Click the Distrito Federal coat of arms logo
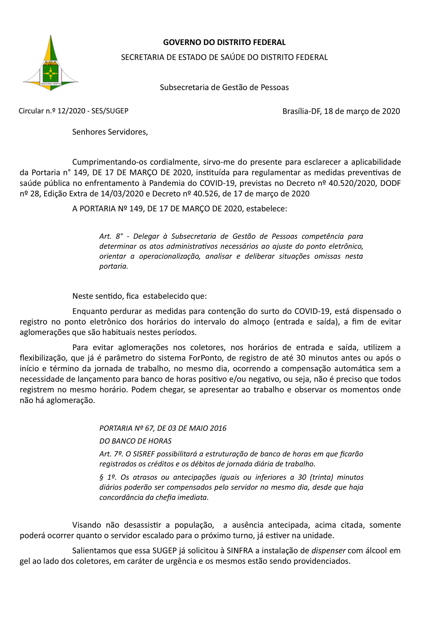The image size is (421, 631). tap(51, 63)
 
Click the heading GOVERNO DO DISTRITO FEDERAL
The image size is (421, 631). tap(224, 42)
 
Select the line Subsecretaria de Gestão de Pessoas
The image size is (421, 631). tap(224, 87)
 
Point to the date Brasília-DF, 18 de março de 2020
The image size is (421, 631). tap(341, 111)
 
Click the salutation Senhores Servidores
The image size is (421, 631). tap(110, 132)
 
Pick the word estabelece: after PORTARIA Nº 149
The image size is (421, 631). tap(267, 209)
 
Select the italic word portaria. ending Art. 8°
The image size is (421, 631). tap(114, 266)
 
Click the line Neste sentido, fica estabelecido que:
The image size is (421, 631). tap(139, 296)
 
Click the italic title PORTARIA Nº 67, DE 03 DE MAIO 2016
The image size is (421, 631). tap(163, 428)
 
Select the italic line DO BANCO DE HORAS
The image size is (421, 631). tap(135, 441)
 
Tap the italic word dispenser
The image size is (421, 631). tap(328, 551)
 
